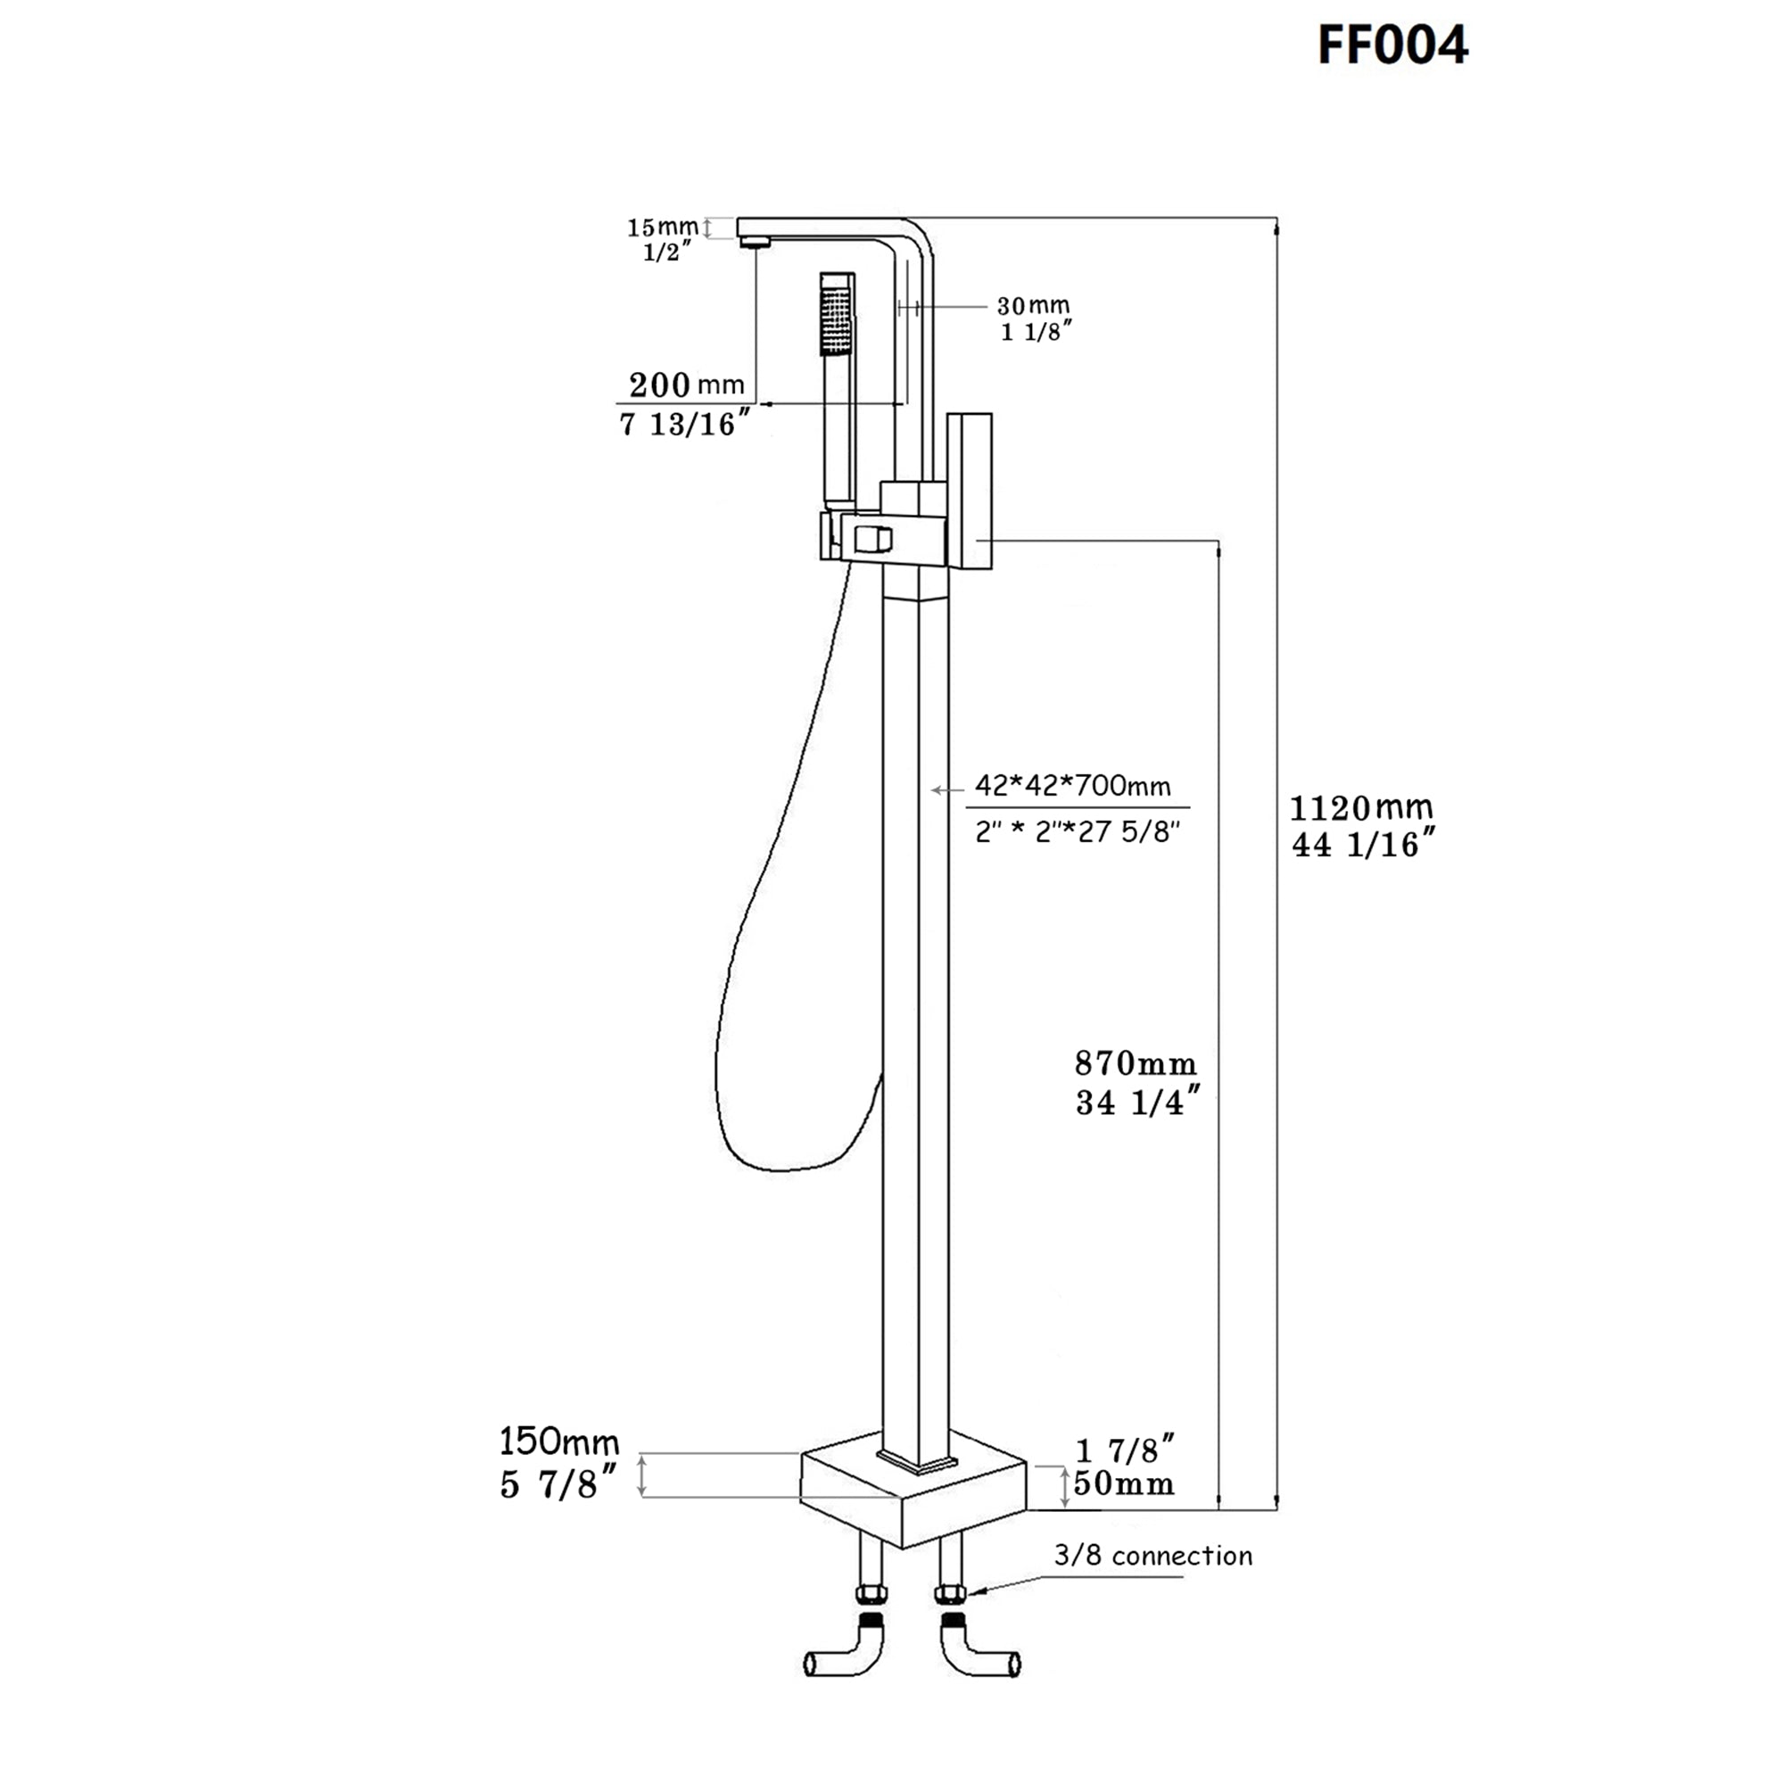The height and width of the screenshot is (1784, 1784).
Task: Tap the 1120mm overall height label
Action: [1361, 809]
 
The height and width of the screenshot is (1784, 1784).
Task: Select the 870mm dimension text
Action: [1135, 1064]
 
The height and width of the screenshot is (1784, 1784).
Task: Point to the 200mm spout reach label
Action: [686, 384]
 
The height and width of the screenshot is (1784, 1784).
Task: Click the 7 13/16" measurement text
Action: [682, 425]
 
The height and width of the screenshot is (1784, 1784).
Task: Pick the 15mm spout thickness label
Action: [663, 227]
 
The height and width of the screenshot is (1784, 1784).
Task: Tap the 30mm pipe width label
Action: [1033, 306]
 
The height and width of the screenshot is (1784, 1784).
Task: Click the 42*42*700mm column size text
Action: [1072, 787]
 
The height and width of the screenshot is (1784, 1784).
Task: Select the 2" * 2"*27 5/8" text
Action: [1078, 833]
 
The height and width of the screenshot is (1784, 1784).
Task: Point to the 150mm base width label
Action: [559, 1441]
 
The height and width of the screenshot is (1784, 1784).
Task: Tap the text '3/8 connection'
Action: [1153, 1556]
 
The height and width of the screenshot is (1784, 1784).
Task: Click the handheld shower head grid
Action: [837, 319]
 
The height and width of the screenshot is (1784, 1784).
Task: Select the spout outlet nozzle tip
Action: [755, 242]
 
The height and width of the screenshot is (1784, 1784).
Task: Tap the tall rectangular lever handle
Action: [969, 490]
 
